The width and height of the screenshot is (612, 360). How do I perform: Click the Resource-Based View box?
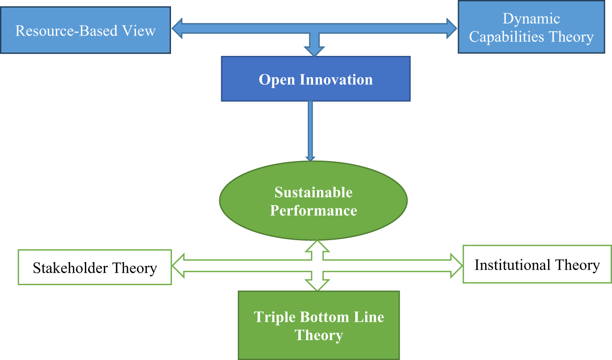[85, 30]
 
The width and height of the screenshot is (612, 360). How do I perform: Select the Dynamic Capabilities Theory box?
[531, 27]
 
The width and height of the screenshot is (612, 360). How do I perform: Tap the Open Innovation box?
[315, 79]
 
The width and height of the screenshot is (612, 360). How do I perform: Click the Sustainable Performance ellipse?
[313, 201]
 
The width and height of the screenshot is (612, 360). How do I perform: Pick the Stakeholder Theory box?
[95, 268]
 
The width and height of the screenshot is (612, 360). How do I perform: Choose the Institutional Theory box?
[537, 264]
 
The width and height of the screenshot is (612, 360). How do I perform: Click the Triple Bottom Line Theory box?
[319, 325]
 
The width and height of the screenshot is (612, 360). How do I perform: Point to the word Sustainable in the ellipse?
[314, 193]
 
